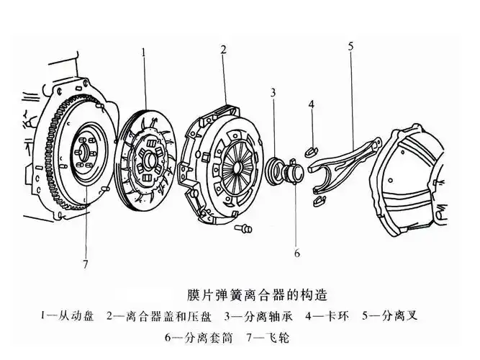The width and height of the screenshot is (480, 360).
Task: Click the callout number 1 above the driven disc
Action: [x=144, y=53]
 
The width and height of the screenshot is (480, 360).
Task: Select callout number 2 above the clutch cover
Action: [x=224, y=50]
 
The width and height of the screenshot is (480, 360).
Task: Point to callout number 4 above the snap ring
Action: [x=312, y=105]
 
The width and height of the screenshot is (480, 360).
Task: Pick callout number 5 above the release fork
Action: [x=350, y=47]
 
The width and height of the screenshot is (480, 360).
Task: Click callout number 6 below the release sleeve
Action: [x=296, y=253]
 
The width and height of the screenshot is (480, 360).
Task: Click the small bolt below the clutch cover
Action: [x=243, y=229]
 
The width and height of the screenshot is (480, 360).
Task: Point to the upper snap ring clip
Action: [x=312, y=150]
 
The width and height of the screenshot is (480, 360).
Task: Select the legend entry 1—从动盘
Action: [x=68, y=316]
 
